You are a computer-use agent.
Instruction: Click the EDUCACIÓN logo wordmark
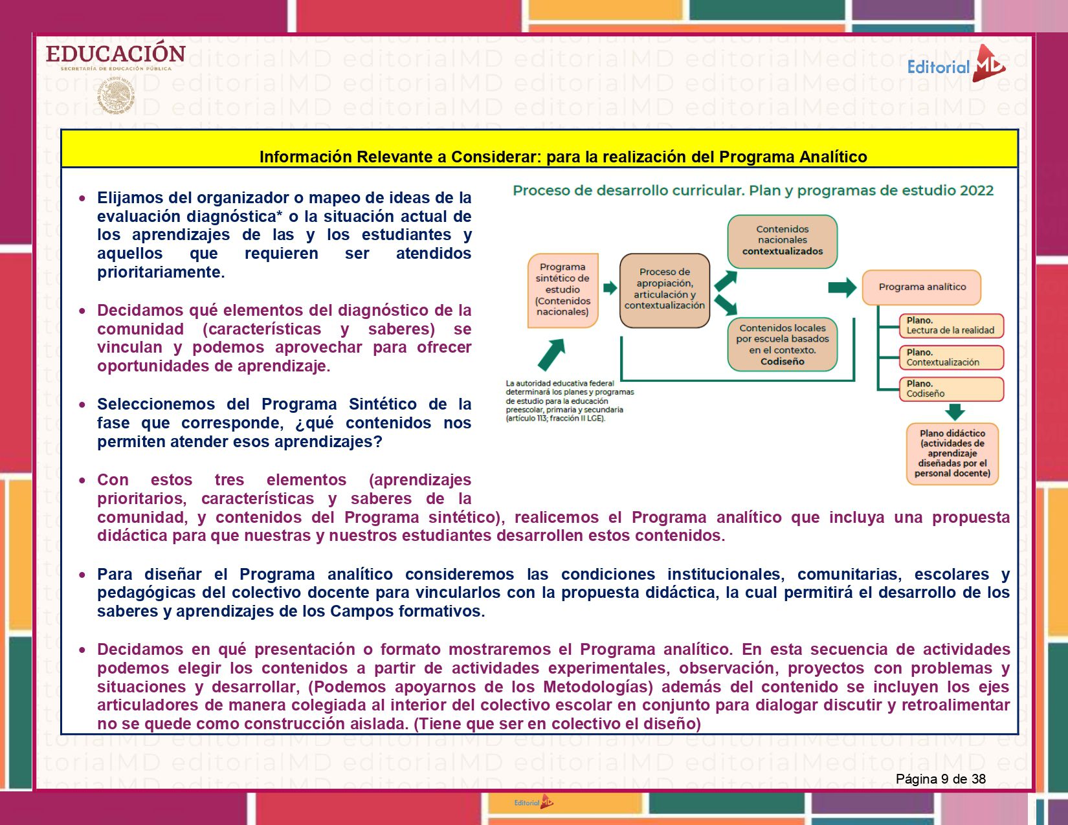[x=115, y=54]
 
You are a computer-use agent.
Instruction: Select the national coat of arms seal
[x=116, y=96]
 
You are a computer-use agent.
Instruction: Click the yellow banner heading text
[x=562, y=157]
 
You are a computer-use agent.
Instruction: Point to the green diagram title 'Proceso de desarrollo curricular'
[x=753, y=191]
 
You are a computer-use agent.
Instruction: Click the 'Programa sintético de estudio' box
[x=562, y=290]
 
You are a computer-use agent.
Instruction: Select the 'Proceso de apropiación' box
[x=665, y=290]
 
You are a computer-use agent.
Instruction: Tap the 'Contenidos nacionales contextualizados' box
[x=783, y=241]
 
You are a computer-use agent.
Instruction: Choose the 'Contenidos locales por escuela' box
[x=783, y=344]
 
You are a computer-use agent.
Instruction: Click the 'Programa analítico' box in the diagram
[x=922, y=287]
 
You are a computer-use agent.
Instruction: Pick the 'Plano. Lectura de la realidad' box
[x=951, y=325]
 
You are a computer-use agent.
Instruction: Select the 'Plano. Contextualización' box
[x=951, y=357]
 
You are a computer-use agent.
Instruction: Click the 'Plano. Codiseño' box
[x=951, y=389]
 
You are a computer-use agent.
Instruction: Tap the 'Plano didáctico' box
[x=952, y=454]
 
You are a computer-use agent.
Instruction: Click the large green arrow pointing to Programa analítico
[x=842, y=287]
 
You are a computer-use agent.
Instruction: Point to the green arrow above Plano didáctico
[x=955, y=412]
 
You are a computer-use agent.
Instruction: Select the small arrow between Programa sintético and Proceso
[x=610, y=288]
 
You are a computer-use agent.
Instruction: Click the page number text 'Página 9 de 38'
[x=940, y=779]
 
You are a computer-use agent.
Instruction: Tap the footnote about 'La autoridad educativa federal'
[x=570, y=401]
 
